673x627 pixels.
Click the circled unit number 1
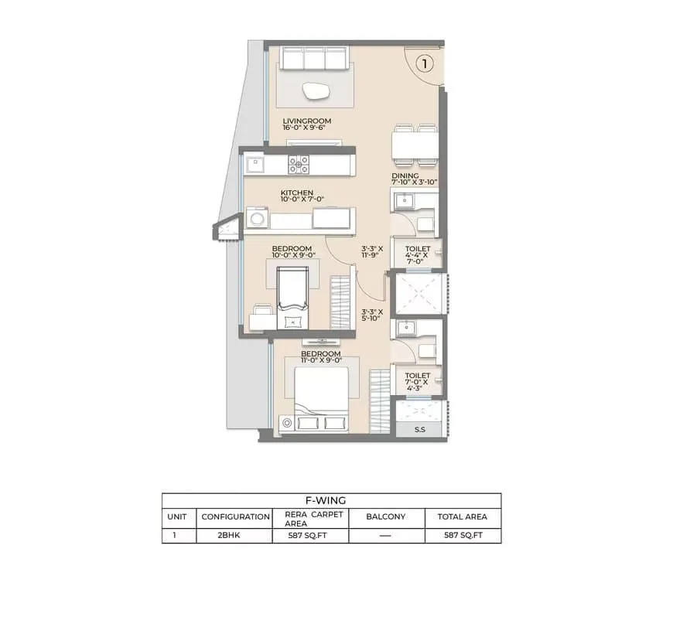[x=425, y=64]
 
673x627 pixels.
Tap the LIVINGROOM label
[x=307, y=121]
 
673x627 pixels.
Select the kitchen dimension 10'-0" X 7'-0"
[x=302, y=199]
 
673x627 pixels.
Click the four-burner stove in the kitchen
[x=299, y=165]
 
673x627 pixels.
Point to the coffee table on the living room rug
[x=316, y=91]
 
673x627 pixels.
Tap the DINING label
[x=405, y=175]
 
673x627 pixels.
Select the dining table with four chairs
[x=415, y=145]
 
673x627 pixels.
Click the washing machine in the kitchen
[x=257, y=218]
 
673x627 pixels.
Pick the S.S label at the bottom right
[x=420, y=429]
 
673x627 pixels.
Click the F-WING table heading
[x=326, y=500]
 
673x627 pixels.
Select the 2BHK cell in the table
[x=229, y=535]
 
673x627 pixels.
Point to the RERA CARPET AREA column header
[x=314, y=519]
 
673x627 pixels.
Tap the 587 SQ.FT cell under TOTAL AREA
[x=463, y=535]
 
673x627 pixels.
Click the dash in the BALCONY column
[x=385, y=536]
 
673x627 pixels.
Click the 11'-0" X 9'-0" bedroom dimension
[x=321, y=360]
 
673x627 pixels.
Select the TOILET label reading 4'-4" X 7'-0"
[x=417, y=255]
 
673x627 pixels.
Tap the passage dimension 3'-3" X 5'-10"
[x=371, y=315]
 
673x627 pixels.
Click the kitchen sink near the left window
[x=255, y=165]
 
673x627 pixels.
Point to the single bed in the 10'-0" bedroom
[x=292, y=298]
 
